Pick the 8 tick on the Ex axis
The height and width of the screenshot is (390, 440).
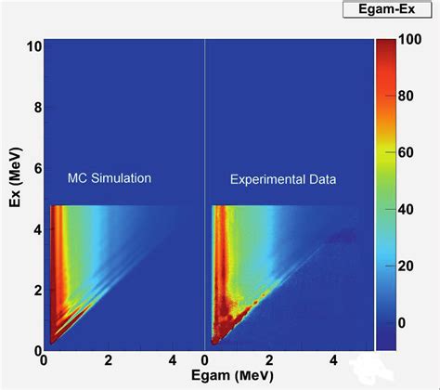[x=35, y=108]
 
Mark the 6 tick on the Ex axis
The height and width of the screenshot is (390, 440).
[x=35, y=168]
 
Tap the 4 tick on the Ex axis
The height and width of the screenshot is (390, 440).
[x=35, y=229]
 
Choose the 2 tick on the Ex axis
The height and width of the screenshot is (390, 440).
[x=35, y=290]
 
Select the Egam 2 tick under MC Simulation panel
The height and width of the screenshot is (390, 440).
[x=109, y=360]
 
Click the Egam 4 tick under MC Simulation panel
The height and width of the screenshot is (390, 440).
[x=173, y=360]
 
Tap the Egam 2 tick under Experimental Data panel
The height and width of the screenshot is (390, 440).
[x=268, y=360]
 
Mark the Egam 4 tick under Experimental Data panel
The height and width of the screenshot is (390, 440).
[x=332, y=360]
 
